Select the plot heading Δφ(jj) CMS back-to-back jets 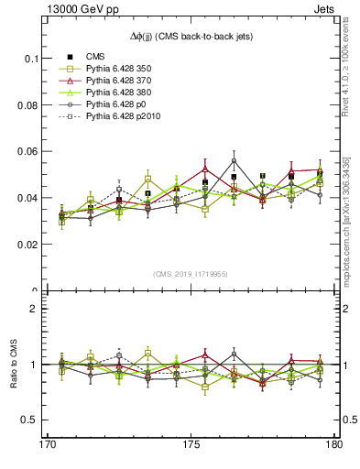[191, 36]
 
